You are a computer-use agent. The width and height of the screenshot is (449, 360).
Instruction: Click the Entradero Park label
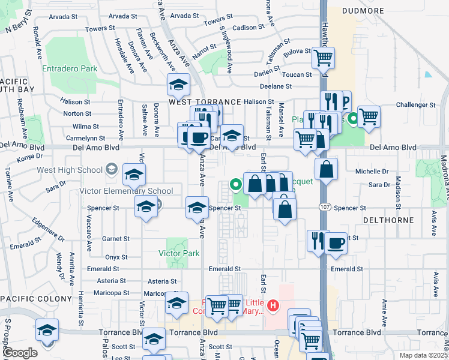(70, 68)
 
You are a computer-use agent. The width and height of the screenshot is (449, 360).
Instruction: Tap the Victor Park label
(179, 253)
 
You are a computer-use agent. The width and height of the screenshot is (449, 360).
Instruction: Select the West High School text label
(70, 170)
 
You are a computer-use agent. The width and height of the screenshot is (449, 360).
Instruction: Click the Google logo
(20, 353)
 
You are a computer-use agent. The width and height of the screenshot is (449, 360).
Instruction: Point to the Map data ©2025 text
(422, 355)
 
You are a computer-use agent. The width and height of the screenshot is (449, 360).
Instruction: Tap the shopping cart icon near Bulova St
(323, 58)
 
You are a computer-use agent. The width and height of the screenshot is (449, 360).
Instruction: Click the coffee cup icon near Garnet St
(336, 243)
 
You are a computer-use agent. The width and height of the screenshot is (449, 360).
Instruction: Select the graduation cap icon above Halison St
(178, 85)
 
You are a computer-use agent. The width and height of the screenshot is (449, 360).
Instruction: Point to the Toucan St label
(300, 75)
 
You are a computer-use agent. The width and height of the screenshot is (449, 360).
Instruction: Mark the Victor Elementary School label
(118, 191)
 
